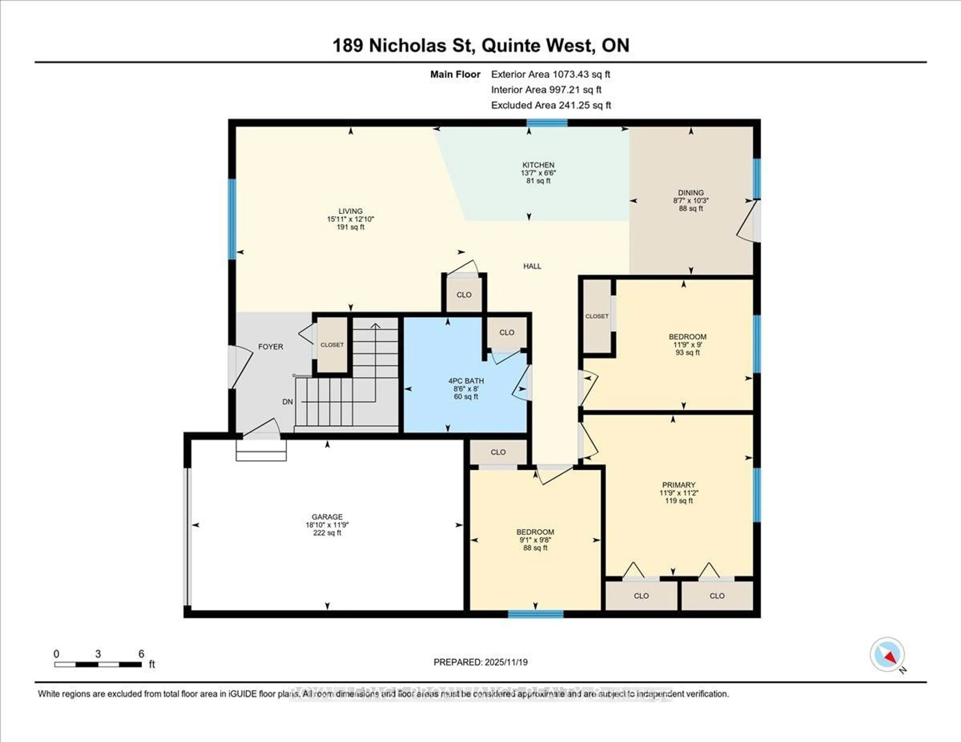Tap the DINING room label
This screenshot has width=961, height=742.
[690, 193]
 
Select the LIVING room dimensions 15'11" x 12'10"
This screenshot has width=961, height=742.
[350, 219]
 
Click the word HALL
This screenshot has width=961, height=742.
[532, 266]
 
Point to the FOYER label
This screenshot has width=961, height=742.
[270, 346]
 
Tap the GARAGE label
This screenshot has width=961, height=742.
[327, 517]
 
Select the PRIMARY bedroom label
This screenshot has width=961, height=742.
[678, 485]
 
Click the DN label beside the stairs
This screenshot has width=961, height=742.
[287, 402]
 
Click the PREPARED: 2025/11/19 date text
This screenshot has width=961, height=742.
[480, 662]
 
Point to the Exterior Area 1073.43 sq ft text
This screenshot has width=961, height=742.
[551, 74]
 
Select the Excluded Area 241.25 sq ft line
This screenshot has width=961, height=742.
[551, 105]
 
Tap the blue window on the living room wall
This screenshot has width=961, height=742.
[232, 219]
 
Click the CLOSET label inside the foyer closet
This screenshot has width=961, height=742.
[332, 345]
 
